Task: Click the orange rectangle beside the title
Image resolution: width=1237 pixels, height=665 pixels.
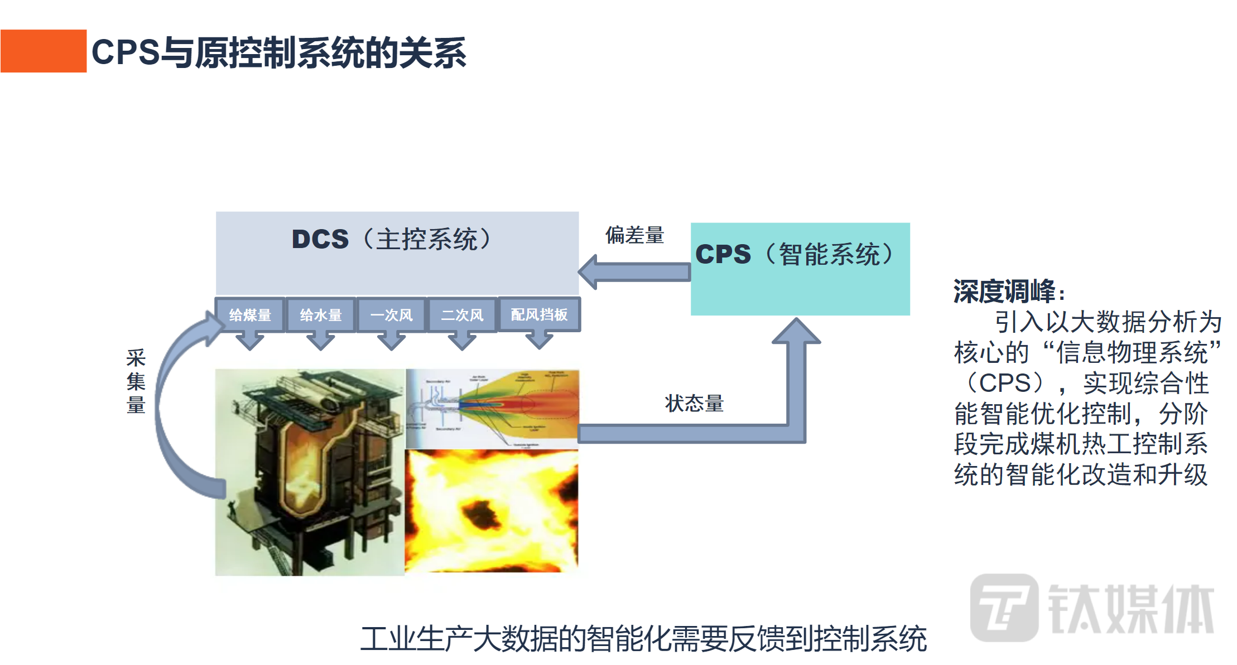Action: pyautogui.click(x=44, y=51)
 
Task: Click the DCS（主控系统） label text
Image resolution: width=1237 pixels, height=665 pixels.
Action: pyautogui.click(x=392, y=239)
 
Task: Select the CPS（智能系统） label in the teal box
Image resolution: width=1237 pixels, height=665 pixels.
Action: pyautogui.click(x=795, y=254)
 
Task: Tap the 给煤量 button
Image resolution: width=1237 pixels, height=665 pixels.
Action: pyautogui.click(x=250, y=315)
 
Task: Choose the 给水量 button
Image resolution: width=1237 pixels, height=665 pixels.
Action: pyautogui.click(x=321, y=315)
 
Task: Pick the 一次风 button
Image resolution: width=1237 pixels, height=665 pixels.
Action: pyautogui.click(x=392, y=315)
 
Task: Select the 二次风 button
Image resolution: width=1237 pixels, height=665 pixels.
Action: pyautogui.click(x=462, y=315)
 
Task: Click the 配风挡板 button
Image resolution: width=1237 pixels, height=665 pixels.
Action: pyautogui.click(x=539, y=315)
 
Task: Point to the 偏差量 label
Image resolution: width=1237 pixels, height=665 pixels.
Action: pyautogui.click(x=635, y=235)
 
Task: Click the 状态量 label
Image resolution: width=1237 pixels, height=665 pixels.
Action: pyautogui.click(x=694, y=403)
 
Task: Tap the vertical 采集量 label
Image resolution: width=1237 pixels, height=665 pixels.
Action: pyautogui.click(x=136, y=381)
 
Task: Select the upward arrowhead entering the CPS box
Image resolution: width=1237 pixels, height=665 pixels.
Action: pyautogui.click(x=796, y=332)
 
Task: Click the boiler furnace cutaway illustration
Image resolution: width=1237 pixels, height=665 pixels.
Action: pyautogui.click(x=310, y=472)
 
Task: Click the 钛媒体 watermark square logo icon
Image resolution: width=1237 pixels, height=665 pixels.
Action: pyautogui.click(x=1004, y=607)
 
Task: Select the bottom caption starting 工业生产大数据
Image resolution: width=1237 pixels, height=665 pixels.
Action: pyautogui.click(x=643, y=639)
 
